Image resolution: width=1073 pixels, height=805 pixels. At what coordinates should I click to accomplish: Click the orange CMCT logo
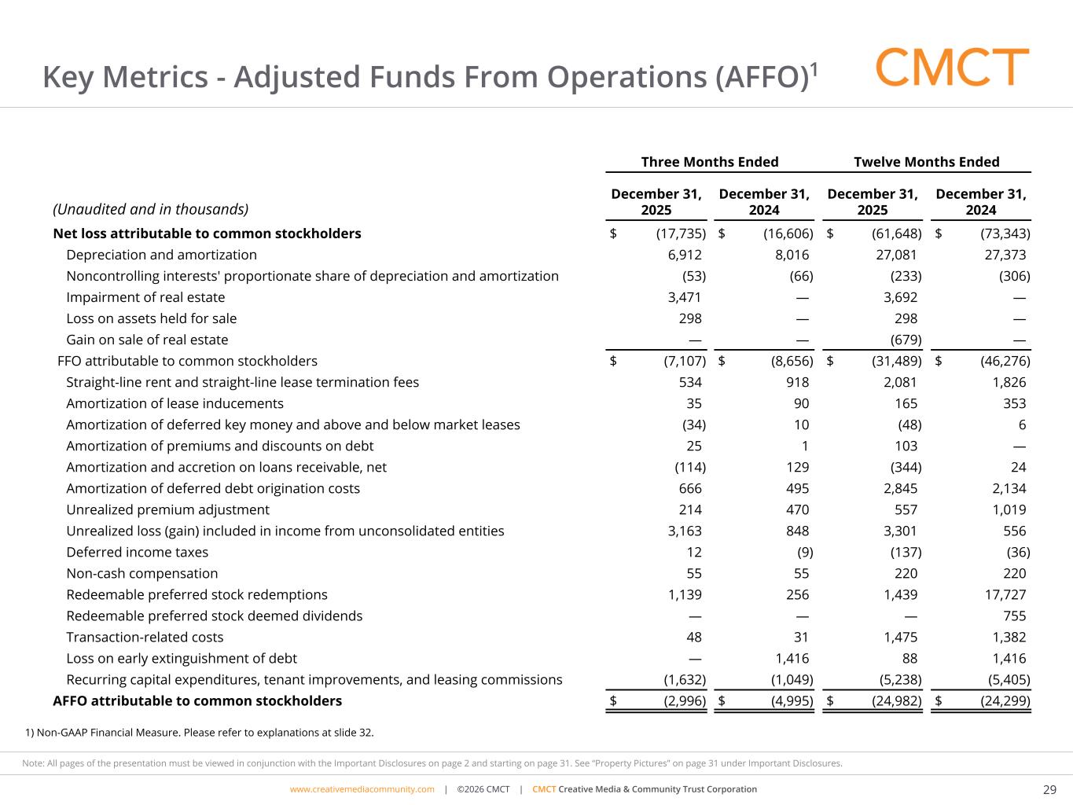(952, 68)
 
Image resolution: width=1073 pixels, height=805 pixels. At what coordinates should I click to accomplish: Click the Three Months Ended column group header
(709, 162)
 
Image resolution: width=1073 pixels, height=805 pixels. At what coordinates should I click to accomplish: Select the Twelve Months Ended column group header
(926, 162)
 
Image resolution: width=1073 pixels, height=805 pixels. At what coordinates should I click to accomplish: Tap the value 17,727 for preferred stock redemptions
(1003, 594)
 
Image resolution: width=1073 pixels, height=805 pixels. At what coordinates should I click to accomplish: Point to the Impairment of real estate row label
(145, 297)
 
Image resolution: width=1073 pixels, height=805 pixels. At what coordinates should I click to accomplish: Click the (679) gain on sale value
(906, 340)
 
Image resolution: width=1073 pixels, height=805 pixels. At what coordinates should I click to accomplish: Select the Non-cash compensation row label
(141, 573)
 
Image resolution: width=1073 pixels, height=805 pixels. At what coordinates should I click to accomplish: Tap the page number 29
(1049, 789)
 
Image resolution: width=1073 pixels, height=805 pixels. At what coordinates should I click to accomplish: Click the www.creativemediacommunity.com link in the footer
(362, 789)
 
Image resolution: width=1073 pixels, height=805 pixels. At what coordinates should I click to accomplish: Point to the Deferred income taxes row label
(137, 552)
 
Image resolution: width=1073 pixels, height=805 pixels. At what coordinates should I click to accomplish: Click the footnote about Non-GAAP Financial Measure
(200, 733)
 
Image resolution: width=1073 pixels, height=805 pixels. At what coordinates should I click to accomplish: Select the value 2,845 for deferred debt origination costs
(900, 488)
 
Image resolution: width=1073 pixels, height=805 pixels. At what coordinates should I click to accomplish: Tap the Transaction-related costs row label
(145, 637)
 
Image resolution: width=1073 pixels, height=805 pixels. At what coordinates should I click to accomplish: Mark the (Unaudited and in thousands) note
(150, 209)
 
